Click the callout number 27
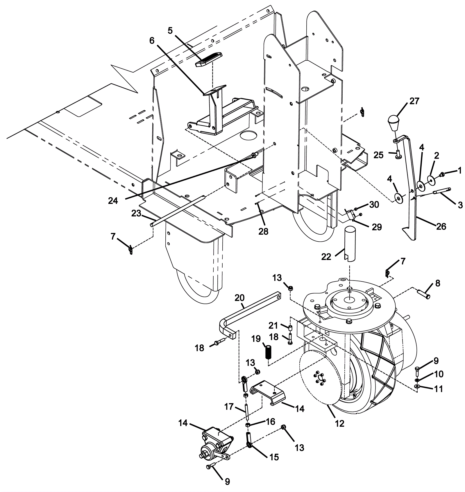pos(414,101)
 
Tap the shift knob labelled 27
pos(394,123)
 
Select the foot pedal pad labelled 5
pos(208,60)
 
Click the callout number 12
pos(339,423)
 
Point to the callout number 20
pos(240,297)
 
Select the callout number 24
pos(113,200)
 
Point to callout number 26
pos(441,226)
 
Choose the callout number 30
pos(374,204)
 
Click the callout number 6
pos(152,41)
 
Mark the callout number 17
pos(229,407)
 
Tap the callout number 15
pos(274,457)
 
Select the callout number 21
pos(273,325)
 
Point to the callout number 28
pos(264,231)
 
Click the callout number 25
pos(378,155)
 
